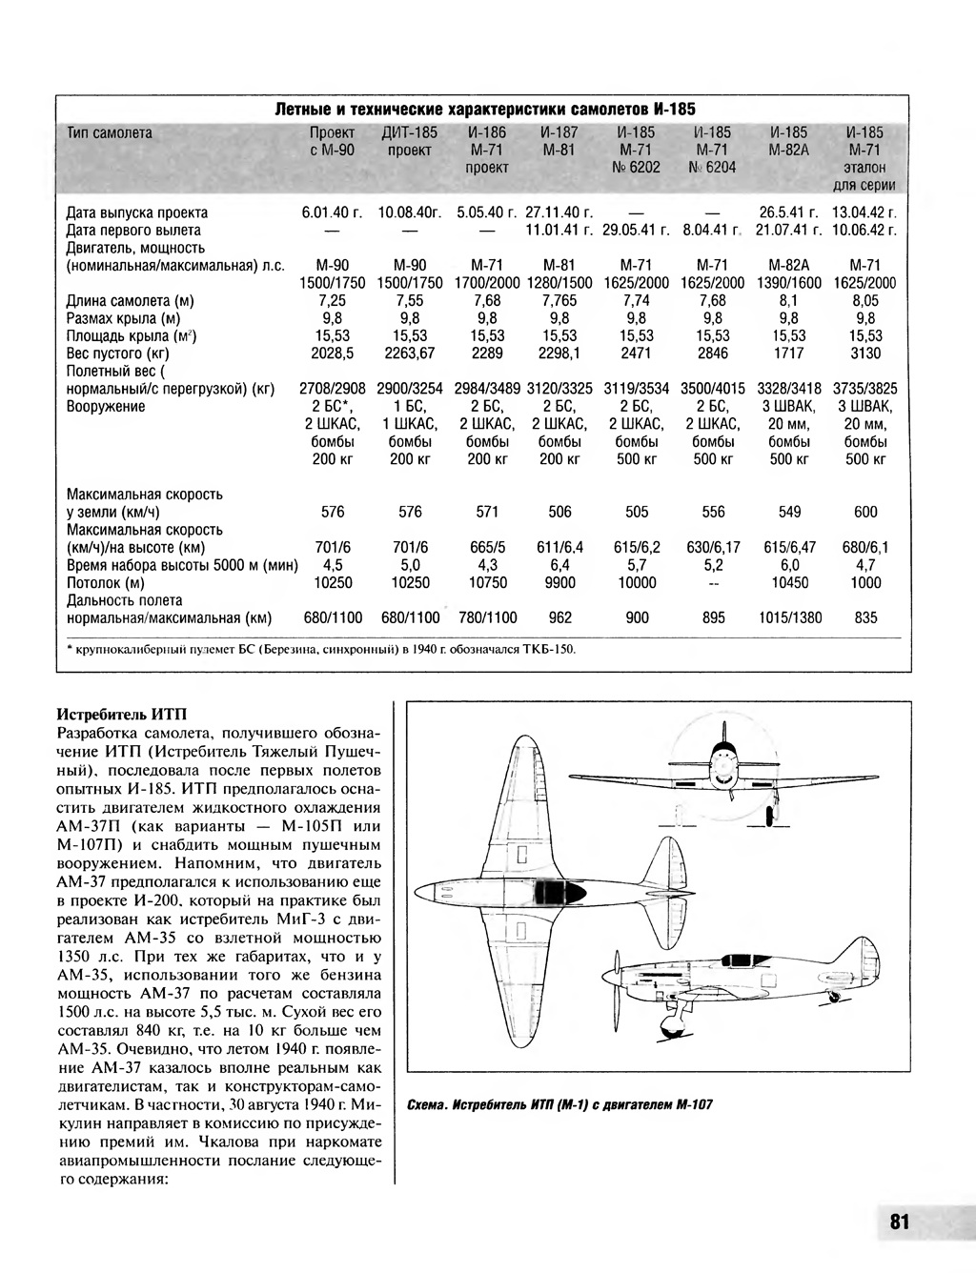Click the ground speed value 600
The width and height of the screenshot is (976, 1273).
[865, 513]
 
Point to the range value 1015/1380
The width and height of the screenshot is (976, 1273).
[789, 617]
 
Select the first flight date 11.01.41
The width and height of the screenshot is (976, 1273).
[559, 231]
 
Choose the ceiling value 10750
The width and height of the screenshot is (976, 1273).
[487, 582]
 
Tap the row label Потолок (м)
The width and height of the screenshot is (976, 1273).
[106, 582]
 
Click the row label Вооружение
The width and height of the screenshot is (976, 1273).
[106, 407]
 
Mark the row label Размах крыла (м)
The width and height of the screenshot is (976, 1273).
[123, 318]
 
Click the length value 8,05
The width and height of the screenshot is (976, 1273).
[865, 301]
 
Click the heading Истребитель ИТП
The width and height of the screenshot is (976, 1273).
[124, 713]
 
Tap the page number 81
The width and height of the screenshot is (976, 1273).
[900, 1222]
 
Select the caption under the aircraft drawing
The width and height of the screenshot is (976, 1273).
[559, 1105]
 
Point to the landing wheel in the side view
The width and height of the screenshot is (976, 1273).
[667, 1031]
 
